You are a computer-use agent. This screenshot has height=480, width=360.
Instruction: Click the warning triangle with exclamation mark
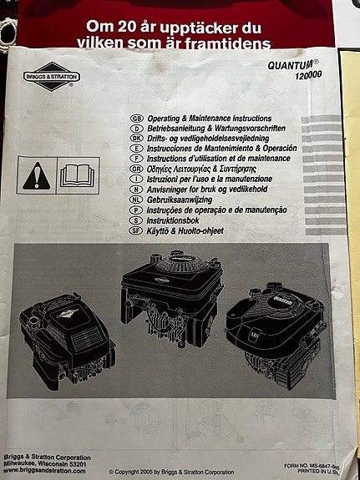coord(35,174)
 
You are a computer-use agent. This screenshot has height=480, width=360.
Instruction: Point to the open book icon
coord(80,174)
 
